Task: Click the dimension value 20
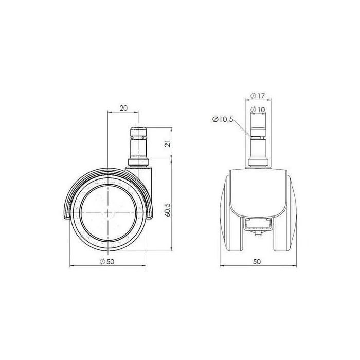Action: (x=123, y=108)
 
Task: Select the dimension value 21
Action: (x=168, y=143)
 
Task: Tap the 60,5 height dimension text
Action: (x=168, y=210)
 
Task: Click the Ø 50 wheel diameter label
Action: (x=107, y=261)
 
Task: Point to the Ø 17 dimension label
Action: (x=257, y=96)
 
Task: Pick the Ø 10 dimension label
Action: (x=258, y=110)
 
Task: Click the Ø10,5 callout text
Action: (x=223, y=119)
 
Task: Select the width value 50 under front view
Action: (x=257, y=261)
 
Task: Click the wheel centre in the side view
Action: (x=107, y=213)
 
